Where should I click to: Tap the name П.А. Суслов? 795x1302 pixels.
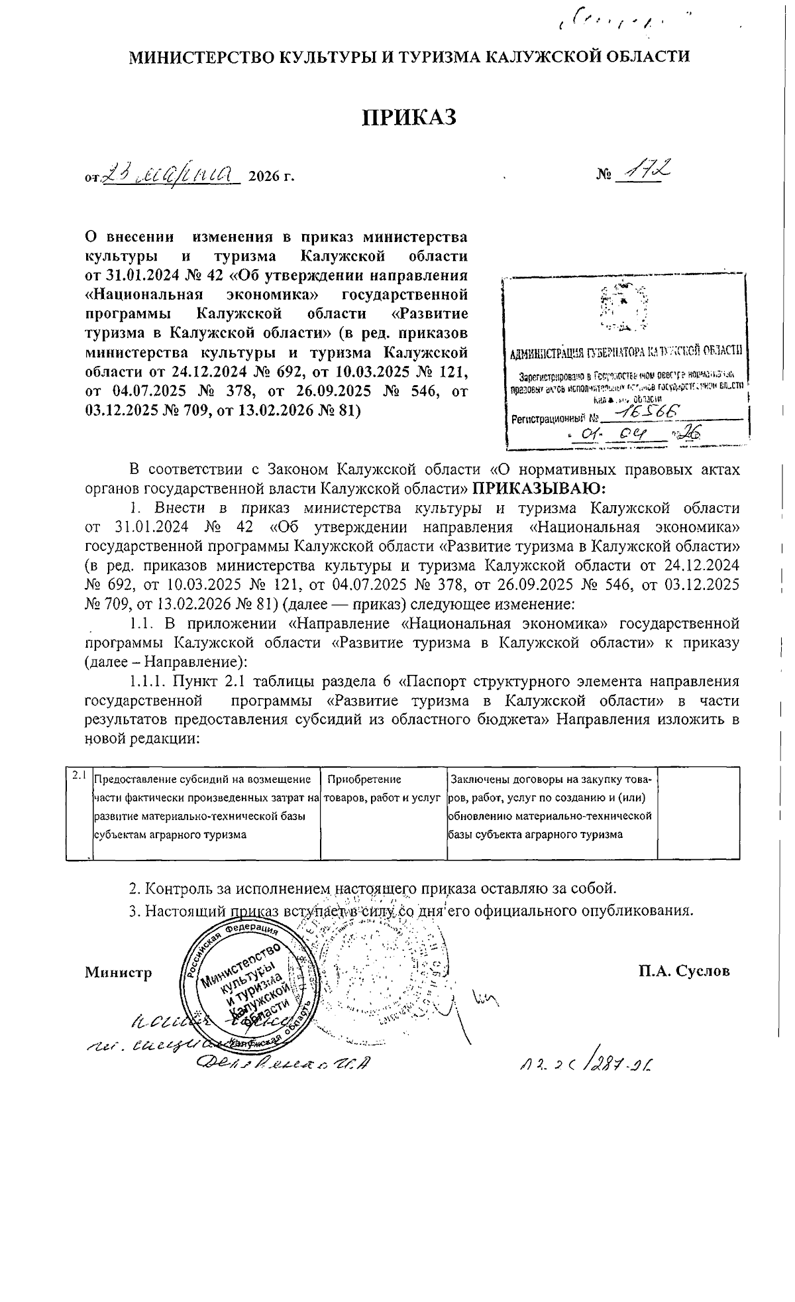pos(684,971)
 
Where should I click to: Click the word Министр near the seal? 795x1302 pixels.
pos(119,972)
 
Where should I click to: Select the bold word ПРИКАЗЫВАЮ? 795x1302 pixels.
pos(539,489)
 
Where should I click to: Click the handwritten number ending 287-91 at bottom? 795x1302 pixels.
pos(586,1065)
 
